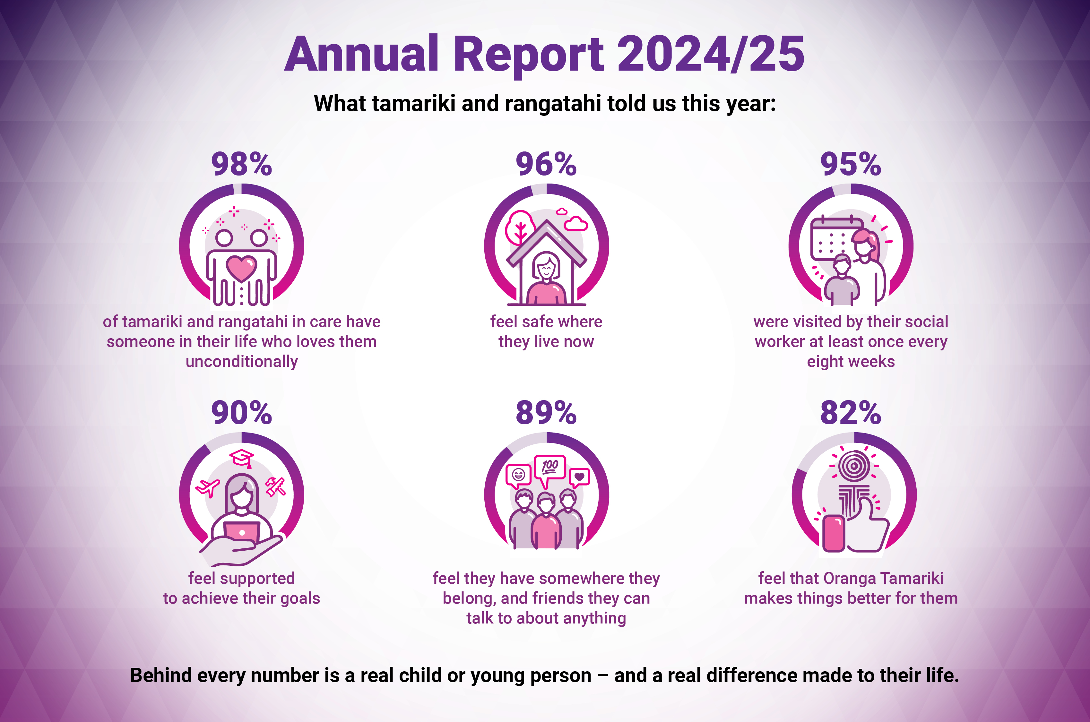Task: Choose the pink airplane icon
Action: (208, 487)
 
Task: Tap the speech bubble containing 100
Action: (549, 468)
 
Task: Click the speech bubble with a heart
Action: (579, 477)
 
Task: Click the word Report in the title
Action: (528, 55)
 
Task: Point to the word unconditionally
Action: (241, 361)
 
